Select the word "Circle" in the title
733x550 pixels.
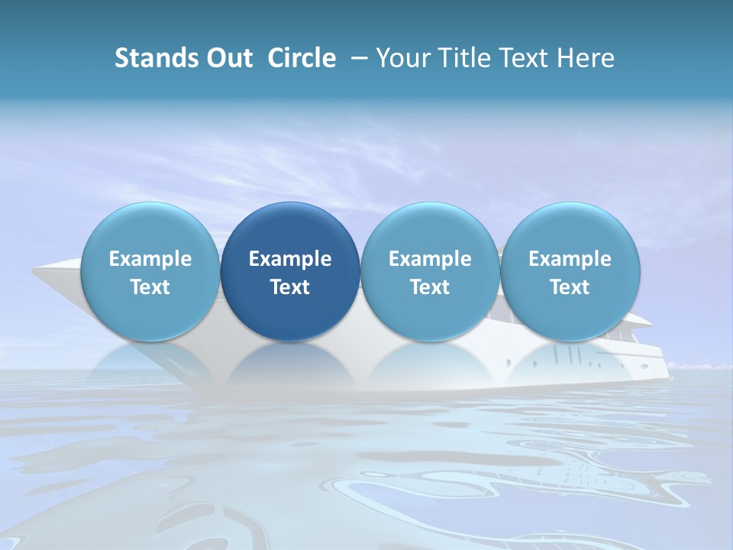coord(302,58)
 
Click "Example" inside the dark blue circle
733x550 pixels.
coord(290,259)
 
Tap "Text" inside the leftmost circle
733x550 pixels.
coord(150,287)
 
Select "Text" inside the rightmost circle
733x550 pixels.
coord(570,287)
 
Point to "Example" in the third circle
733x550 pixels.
coord(430,259)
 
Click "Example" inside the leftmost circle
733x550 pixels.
coord(150,259)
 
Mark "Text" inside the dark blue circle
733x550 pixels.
coord(290,287)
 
